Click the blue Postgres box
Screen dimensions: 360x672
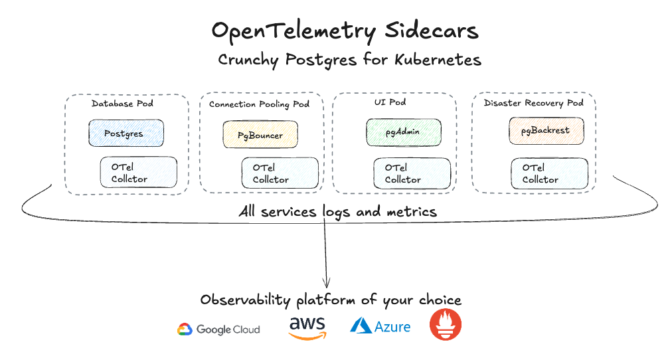point(126,133)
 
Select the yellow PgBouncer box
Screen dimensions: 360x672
point(260,135)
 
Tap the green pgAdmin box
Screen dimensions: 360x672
point(402,132)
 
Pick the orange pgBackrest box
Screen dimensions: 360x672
point(545,130)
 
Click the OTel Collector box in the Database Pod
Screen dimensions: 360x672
point(138,173)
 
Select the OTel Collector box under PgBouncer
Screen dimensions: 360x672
point(279,173)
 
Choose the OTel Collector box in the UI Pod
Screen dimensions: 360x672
point(412,173)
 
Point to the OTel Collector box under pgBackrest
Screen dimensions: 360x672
point(549,173)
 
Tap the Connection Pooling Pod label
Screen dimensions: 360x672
point(259,104)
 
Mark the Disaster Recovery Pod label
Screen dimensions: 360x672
point(533,103)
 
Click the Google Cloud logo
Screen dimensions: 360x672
point(218,329)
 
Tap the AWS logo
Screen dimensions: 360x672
point(307,327)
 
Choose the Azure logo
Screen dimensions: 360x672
point(380,326)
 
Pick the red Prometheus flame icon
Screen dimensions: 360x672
point(446,325)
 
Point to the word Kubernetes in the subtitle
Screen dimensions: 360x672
point(438,60)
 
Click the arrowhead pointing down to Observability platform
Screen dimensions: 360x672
point(326,282)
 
